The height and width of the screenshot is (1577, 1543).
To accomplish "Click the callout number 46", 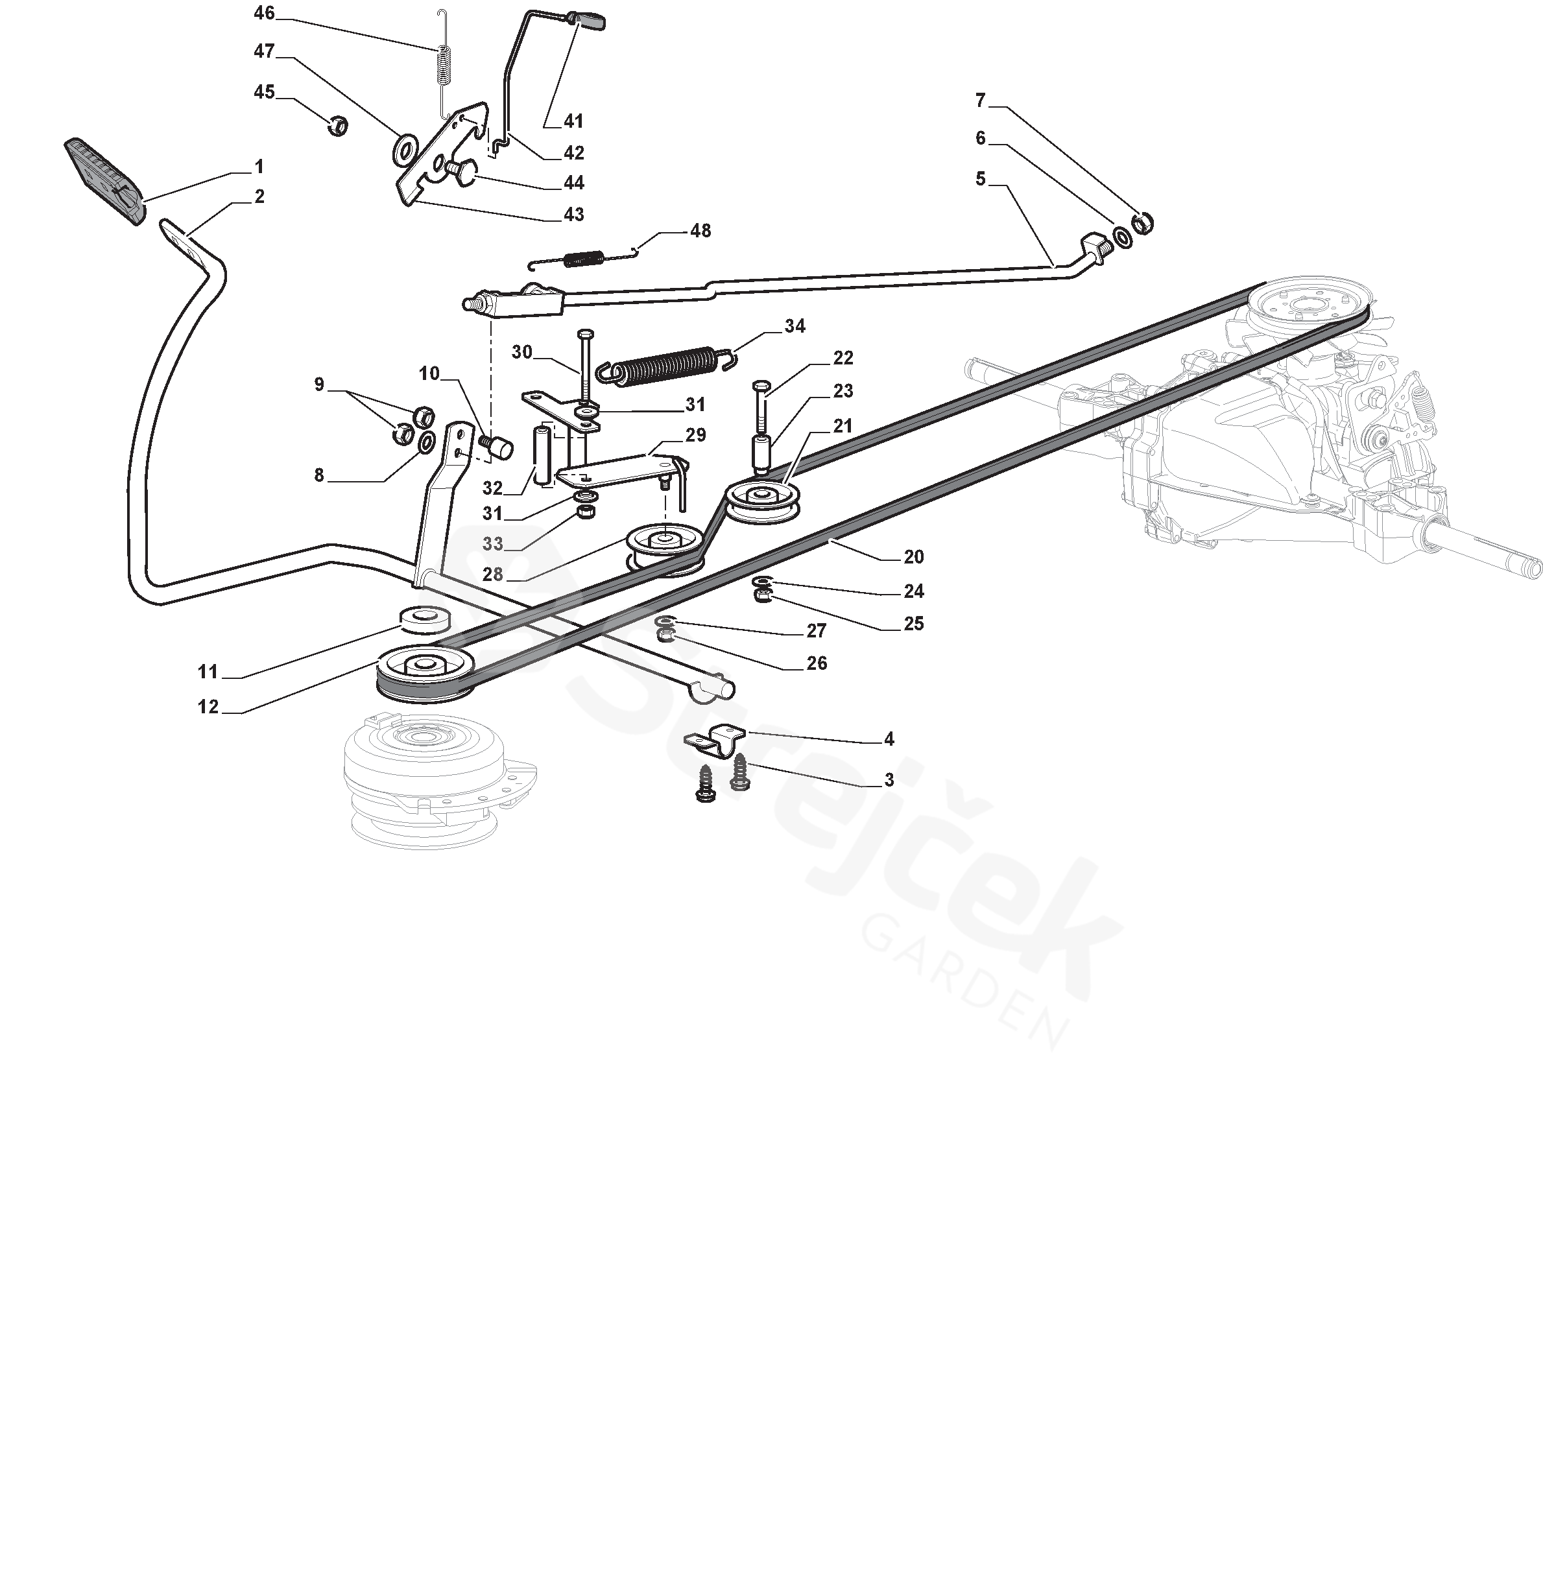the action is coord(264,13).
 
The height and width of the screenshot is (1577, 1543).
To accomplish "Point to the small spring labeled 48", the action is coord(584,259).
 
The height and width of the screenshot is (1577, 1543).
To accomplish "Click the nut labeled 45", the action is coord(338,126).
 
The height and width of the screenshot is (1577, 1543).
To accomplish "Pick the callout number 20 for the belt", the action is coord(913,557).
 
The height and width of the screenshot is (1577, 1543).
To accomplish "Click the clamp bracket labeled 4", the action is coord(717,739).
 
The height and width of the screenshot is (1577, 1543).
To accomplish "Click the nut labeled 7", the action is coord(1142,221).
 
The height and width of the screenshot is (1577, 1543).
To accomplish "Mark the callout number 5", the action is coord(980,178).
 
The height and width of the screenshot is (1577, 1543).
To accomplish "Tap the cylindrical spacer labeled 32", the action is coord(540,455).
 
